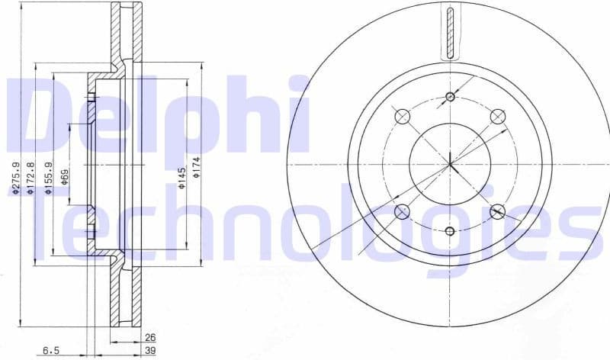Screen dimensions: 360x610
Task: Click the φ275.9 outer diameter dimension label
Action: click(14, 178)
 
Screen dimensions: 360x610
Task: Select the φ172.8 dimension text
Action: click(30, 179)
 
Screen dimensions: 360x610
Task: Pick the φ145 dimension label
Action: click(181, 178)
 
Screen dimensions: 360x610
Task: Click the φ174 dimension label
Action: click(196, 166)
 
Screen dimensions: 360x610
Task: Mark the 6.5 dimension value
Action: click(50, 350)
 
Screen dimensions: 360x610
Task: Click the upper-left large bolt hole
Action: click(403, 116)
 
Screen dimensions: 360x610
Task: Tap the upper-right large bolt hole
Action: click(497, 116)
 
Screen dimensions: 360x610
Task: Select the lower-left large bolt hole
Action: click(403, 211)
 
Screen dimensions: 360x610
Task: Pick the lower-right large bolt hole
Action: click(497, 211)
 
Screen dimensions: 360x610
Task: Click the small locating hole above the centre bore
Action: click(450, 96)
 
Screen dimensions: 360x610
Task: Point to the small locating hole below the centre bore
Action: click(450, 231)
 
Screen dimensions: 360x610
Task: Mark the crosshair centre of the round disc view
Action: click(450, 163)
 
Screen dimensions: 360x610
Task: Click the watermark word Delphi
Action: click(156, 114)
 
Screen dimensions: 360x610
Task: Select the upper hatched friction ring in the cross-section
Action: click(125, 34)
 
